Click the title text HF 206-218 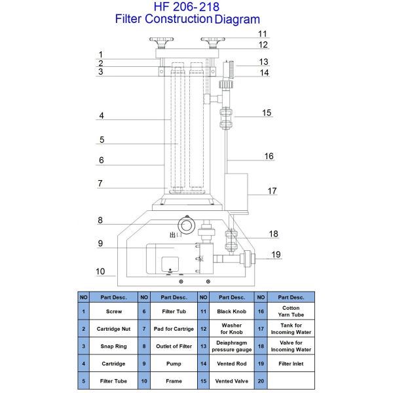(187, 7)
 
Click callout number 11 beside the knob (263, 34)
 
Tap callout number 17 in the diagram (272, 191)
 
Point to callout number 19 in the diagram (276, 254)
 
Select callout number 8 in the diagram (101, 221)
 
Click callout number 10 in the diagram (100, 271)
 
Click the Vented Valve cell (232, 380)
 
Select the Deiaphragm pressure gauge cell (232, 346)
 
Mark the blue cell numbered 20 (261, 380)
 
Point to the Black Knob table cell (232, 312)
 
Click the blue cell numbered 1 (84, 312)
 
